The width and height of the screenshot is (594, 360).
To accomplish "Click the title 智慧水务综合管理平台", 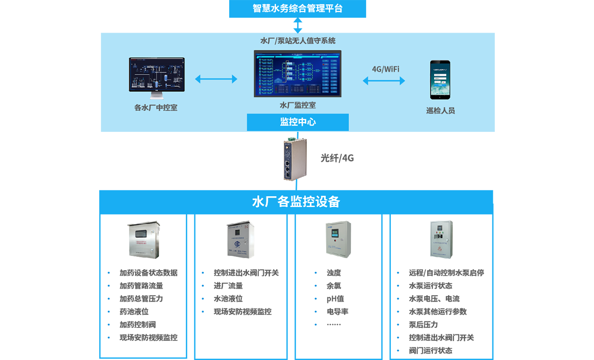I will [x=297, y=8].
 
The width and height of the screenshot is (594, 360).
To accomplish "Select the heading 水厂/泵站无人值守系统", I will [x=298, y=41].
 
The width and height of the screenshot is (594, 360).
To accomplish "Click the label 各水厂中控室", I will [x=156, y=108].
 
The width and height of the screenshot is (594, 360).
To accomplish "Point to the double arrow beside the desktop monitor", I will [x=216, y=79].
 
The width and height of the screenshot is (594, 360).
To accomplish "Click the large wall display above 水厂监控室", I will [x=297, y=73].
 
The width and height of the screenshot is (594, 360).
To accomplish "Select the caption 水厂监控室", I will [x=298, y=105].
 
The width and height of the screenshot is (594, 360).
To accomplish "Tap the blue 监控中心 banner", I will [x=298, y=122].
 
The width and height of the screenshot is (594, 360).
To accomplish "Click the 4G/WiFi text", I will [x=385, y=69].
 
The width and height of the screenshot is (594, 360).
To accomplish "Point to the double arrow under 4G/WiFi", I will [x=384, y=81].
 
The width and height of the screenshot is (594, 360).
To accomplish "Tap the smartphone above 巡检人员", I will [x=440, y=80].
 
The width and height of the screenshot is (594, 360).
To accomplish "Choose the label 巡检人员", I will [x=440, y=111].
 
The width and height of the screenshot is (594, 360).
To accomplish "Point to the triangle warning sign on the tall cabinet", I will [x=439, y=248].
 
